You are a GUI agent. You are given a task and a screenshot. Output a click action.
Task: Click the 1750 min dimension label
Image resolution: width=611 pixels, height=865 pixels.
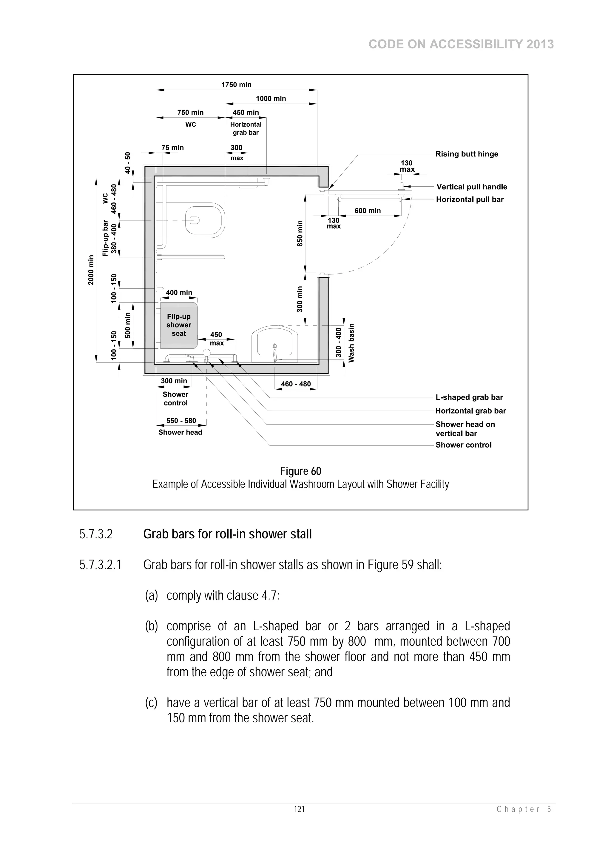point(236,85)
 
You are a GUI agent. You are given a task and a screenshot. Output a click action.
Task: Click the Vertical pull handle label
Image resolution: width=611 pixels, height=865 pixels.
point(471,187)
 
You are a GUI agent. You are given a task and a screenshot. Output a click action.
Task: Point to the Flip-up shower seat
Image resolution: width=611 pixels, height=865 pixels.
point(179,325)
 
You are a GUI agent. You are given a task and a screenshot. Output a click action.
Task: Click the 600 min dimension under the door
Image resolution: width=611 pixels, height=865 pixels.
point(368,211)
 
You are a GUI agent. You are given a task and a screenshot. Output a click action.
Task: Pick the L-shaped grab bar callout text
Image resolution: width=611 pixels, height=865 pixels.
point(469,397)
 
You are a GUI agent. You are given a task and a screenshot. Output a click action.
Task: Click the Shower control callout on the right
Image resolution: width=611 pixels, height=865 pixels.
point(463,445)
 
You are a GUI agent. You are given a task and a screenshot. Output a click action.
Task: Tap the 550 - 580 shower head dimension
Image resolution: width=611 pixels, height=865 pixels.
point(181,421)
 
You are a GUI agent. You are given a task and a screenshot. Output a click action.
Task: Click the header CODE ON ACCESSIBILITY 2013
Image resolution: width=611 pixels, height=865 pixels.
point(461,44)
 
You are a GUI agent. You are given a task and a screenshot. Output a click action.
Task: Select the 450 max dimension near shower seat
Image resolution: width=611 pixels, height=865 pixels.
point(217,339)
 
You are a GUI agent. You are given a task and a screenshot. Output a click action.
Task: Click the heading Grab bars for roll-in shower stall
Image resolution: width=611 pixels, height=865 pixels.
point(227,534)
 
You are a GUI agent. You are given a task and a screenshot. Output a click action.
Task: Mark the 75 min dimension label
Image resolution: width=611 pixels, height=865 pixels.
point(172,148)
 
